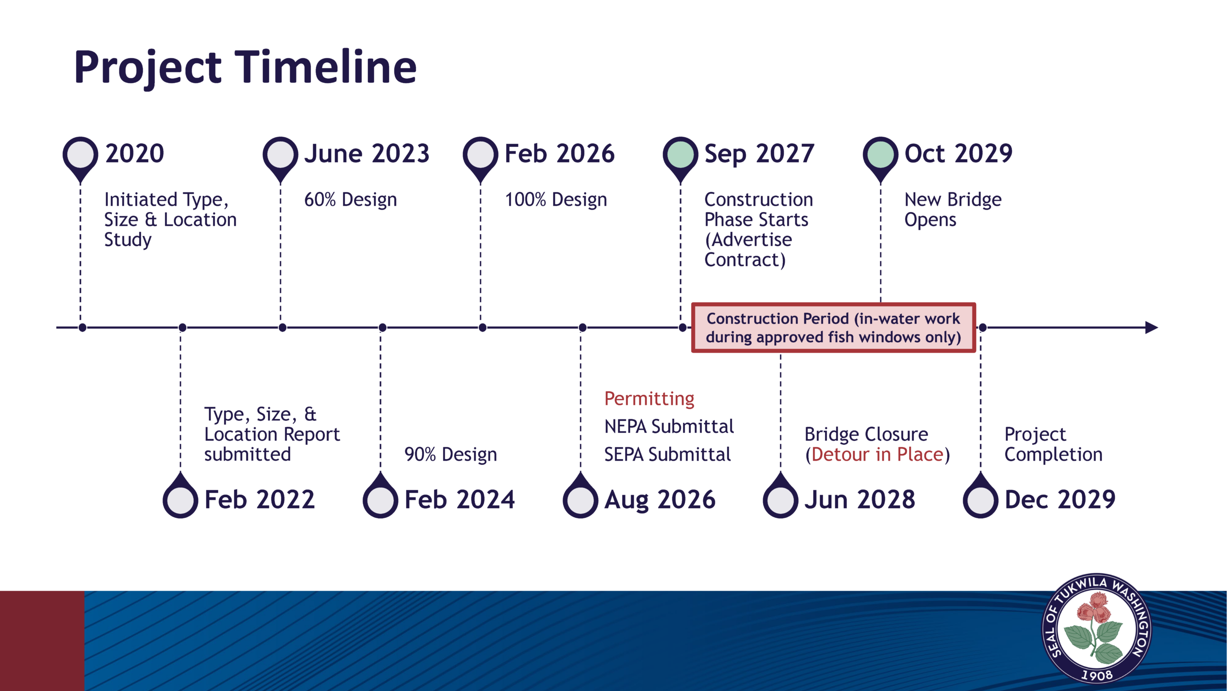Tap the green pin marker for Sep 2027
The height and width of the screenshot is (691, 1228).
[680, 156]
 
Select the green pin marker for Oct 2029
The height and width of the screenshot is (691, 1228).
[880, 156]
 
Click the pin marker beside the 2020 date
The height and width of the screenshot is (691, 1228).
[80, 156]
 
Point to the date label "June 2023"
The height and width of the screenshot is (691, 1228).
[367, 154]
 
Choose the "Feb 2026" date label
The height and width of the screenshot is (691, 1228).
[559, 154]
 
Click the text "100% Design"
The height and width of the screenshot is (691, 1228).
[556, 200]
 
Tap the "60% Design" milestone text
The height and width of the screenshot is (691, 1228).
[351, 200]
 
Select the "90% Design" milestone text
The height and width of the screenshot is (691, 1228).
[451, 454]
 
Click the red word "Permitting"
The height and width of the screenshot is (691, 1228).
[649, 399]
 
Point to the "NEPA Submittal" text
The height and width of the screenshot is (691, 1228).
[669, 426]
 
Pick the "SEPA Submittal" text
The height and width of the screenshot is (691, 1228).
[667, 454]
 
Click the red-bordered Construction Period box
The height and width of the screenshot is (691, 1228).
[833, 328]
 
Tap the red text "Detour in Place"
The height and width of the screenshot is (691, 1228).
[877, 454]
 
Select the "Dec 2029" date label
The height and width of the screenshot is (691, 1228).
[1060, 500]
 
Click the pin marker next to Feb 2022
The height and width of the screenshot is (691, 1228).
[180, 498]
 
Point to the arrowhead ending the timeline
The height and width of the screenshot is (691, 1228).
[1152, 328]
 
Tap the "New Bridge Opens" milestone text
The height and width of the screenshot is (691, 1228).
[953, 210]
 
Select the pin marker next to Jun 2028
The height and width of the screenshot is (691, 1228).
[780, 498]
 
